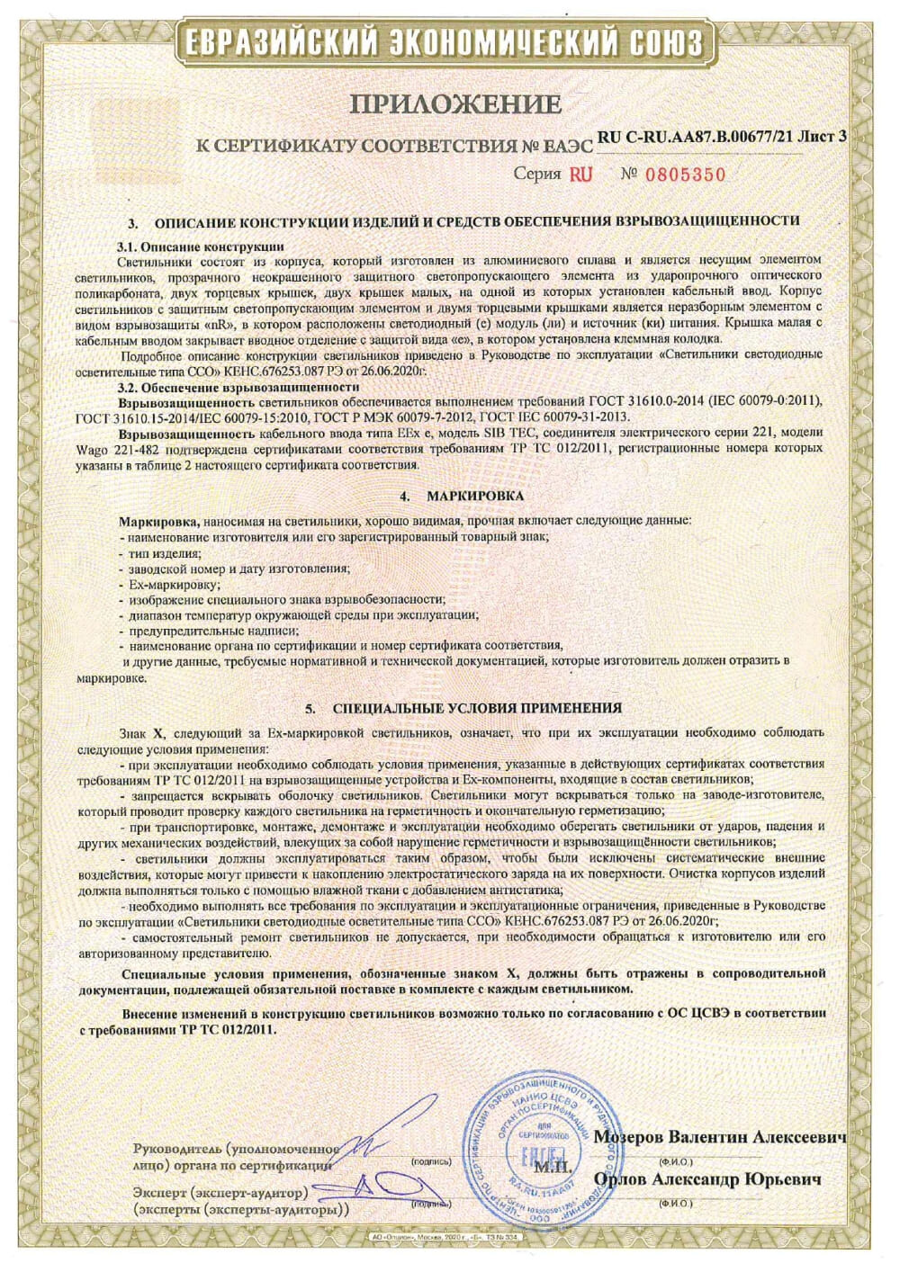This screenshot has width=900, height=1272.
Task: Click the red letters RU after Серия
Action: (x=581, y=175)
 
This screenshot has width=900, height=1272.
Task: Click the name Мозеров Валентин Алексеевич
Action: (x=720, y=1138)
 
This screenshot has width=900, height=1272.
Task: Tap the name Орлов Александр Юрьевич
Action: (x=707, y=1178)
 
